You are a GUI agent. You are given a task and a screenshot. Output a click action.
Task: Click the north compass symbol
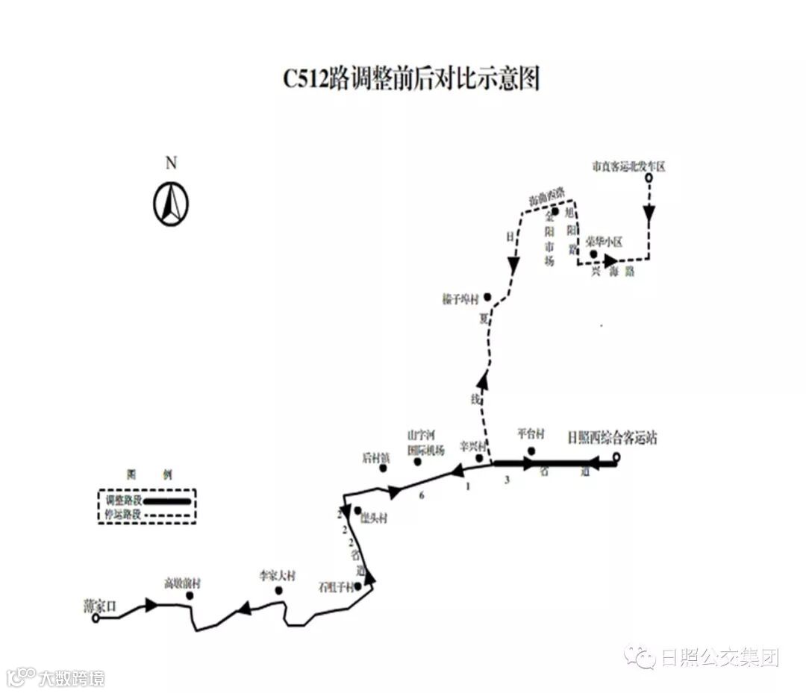tap(171, 203)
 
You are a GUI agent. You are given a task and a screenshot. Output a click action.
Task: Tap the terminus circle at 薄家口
tap(96, 618)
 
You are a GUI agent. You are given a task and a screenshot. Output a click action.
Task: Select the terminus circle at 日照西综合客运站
tap(616, 457)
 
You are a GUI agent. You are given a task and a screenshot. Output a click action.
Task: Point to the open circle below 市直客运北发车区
tap(649, 178)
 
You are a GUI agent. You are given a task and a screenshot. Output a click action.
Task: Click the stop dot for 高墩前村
tap(190, 596)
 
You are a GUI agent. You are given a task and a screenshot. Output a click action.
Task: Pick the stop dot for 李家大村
tap(278, 590)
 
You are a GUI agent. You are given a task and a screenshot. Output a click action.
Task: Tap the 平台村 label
tap(531, 433)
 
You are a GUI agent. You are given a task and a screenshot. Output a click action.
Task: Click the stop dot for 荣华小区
tap(593, 254)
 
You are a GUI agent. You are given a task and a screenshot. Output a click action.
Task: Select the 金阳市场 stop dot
tap(554, 212)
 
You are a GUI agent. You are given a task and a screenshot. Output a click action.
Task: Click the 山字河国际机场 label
tap(425, 442)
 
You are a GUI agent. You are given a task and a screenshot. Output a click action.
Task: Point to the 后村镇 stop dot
tap(383, 468)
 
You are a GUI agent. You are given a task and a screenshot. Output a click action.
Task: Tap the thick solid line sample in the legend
tap(166, 501)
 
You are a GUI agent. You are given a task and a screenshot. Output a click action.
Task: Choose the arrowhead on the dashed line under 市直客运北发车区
tap(649, 214)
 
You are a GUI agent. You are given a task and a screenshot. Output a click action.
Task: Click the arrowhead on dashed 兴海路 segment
tap(610, 261)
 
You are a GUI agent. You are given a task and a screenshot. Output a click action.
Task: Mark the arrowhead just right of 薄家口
tap(151, 605)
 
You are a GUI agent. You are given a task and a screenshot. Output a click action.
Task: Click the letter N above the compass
tap(171, 163)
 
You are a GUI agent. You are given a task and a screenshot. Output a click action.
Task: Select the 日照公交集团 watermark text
tap(719, 658)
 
